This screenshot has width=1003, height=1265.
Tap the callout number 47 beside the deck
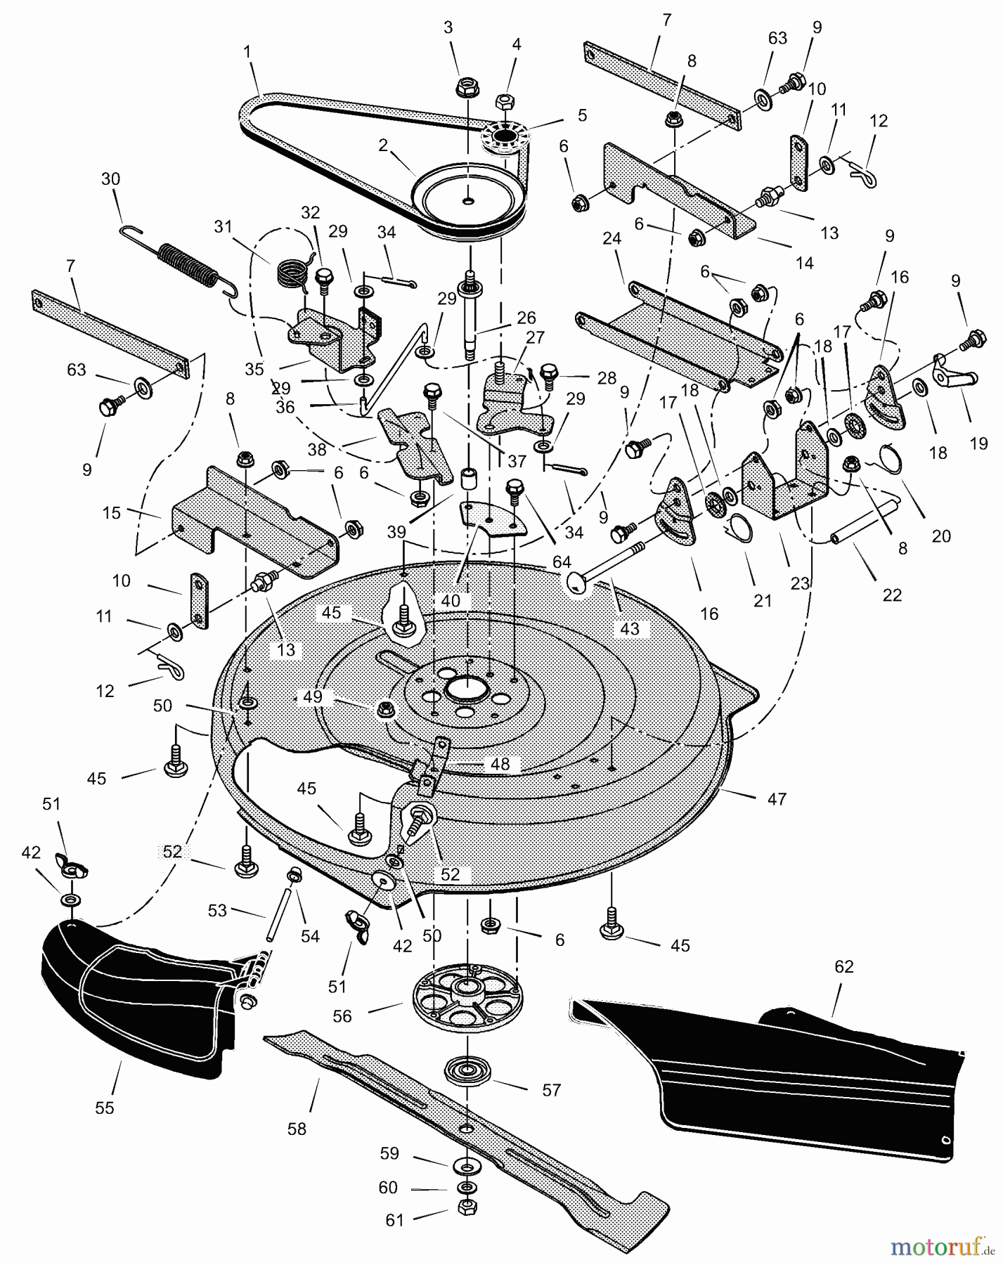777,798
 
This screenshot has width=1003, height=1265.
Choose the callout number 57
552,1090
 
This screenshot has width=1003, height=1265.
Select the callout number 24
611,239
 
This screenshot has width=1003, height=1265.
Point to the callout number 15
112,513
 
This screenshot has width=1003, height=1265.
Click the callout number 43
630,628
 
